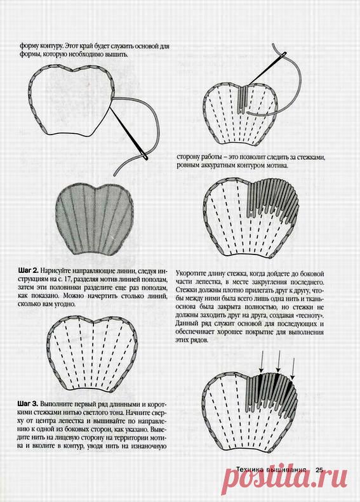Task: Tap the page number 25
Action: tap(319, 470)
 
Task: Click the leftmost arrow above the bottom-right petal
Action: tap(261, 362)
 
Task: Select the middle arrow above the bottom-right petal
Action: tap(279, 362)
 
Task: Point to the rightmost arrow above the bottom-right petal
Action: tap(293, 366)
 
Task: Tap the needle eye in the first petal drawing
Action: tap(145, 157)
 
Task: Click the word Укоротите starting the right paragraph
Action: tap(190, 274)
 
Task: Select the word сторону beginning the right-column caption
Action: tap(188, 158)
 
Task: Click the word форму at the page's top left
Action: tap(27, 46)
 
